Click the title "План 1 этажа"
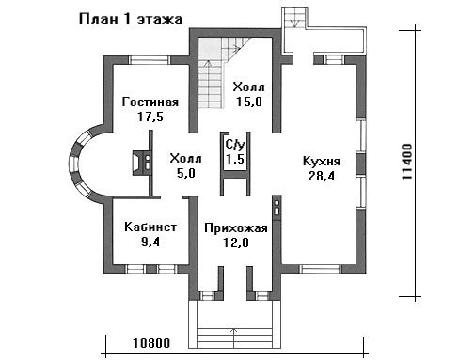(x=131, y=20)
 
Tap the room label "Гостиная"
(x=150, y=102)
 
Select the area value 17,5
(x=150, y=117)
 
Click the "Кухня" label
(x=322, y=162)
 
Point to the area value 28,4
(x=322, y=176)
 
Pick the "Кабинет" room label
(x=150, y=227)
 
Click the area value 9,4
(x=150, y=242)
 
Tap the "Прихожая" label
(x=236, y=228)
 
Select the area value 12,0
(x=236, y=243)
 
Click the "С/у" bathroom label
(x=235, y=145)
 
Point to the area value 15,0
(x=249, y=102)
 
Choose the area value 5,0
(x=186, y=173)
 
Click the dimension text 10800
(x=151, y=343)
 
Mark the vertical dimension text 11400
(x=407, y=162)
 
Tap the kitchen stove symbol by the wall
(x=277, y=208)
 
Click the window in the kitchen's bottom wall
(x=320, y=269)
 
